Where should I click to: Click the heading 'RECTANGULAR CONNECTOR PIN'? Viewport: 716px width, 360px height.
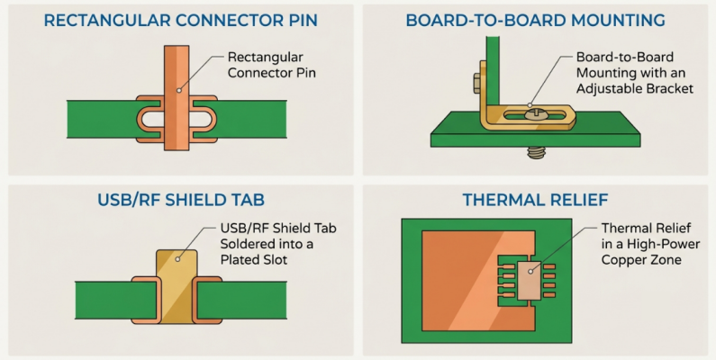[x=181, y=21]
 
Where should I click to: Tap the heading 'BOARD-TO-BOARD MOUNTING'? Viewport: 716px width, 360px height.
[x=535, y=21]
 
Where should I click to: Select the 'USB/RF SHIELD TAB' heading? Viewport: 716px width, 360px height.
[x=181, y=200]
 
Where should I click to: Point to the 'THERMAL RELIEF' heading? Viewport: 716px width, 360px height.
[x=535, y=200]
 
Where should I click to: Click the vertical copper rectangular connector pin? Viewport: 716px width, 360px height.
[x=177, y=97]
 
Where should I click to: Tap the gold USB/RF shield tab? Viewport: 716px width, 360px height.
[x=177, y=286]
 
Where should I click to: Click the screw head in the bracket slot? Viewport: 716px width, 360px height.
[x=533, y=113]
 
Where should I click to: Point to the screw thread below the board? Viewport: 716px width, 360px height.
[x=536, y=153]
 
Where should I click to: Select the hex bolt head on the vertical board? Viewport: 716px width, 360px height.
[x=477, y=83]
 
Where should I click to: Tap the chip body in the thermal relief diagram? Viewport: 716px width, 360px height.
[x=530, y=280]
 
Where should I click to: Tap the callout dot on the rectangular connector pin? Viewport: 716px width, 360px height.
[x=179, y=90]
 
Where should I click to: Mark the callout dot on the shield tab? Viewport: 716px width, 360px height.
[x=177, y=259]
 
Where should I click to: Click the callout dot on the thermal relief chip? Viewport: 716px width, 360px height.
[x=530, y=271]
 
